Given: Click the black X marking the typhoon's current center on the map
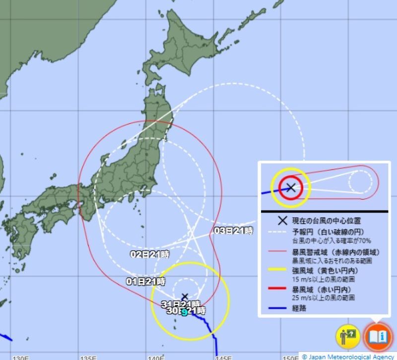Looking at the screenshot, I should pos(185,297).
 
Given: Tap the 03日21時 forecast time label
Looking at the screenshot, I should pos(233,231).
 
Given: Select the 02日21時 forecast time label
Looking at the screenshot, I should pos(149,254).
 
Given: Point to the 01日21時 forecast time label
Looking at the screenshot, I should pos(146,281).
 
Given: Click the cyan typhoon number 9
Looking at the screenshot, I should pos(184,312).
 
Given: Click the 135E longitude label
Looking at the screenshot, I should pos(88,357).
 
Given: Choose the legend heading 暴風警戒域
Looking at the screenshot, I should pos(309,252).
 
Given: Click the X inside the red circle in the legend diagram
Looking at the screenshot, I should pos(291,187).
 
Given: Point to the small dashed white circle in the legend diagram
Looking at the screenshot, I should pos(360,181).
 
